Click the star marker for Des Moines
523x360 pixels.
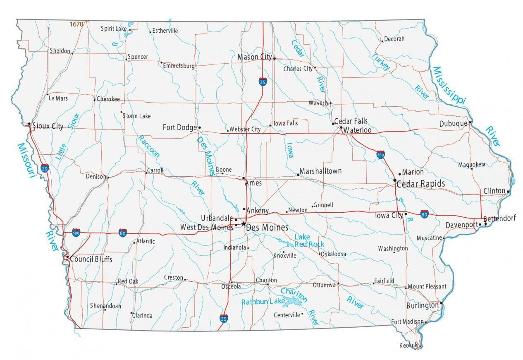point(244,224)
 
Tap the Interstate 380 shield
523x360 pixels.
point(381,155)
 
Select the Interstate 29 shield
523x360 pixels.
point(45,168)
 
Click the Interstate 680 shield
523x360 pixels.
point(76,233)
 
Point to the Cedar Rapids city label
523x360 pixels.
point(420,184)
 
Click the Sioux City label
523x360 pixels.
point(48,126)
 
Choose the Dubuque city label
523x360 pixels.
point(453,123)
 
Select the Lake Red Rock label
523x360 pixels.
point(309,240)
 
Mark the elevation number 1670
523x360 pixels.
point(76,24)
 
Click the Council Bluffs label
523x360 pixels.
point(91,259)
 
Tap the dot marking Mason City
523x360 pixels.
point(275,59)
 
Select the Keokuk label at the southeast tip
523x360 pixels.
point(408,345)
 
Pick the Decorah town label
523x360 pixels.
point(394,39)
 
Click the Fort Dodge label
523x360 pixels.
point(179,127)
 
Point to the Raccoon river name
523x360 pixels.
point(148,146)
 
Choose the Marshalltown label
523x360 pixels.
point(320,171)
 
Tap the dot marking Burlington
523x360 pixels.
point(441,303)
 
